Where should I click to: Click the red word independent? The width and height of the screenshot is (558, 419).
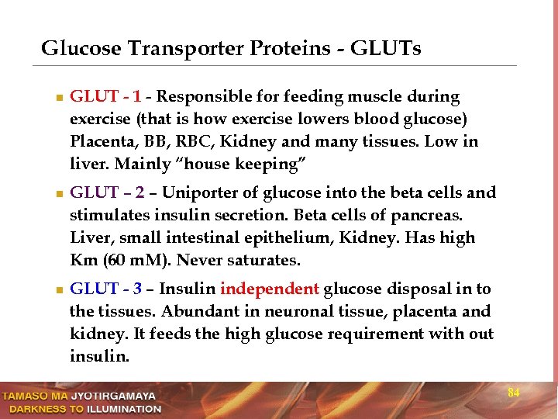click(269, 289)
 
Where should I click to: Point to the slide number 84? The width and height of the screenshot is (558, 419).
click(513, 393)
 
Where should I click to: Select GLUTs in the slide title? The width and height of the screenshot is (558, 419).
click(385, 49)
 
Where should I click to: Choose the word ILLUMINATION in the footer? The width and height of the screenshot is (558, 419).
click(123, 408)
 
